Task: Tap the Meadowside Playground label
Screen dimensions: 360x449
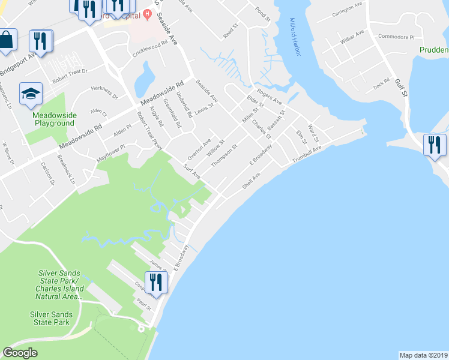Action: coord(53,119)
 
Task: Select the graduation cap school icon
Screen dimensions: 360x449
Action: coord(31,94)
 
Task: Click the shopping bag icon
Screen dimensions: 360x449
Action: coord(6,40)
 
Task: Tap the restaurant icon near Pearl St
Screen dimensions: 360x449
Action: coord(156,283)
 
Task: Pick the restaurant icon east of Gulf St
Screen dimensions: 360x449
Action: coord(435,145)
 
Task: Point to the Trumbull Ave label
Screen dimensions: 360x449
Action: coord(307,155)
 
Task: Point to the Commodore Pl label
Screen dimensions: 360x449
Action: coord(396,37)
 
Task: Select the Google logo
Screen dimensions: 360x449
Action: coord(20,353)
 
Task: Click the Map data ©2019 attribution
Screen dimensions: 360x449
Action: coord(423,355)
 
